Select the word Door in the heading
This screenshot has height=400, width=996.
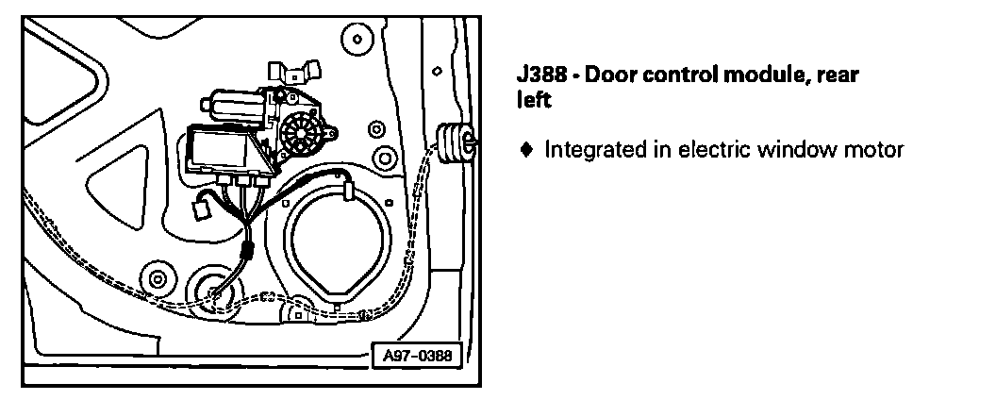click(x=613, y=75)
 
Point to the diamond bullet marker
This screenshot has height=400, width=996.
click(x=526, y=149)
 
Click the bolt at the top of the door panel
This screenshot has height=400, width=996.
click(x=356, y=40)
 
